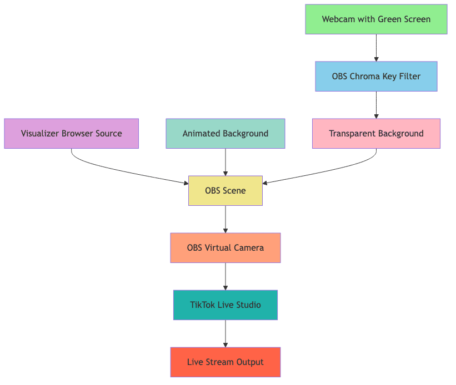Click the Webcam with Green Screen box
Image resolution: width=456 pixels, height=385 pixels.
tap(376, 19)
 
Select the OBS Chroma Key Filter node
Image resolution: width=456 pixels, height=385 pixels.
tap(376, 77)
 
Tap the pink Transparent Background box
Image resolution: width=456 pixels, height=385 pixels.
tap(376, 134)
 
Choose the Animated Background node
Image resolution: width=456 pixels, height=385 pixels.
tap(225, 134)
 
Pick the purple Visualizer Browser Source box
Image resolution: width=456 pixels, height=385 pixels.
tap(71, 134)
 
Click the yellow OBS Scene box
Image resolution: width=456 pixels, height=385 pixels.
tap(225, 191)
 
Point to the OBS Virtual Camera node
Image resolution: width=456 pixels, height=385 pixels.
tap(225, 248)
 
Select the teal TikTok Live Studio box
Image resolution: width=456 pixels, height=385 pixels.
tap(225, 305)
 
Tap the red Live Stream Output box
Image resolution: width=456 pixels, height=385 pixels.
tap(225, 362)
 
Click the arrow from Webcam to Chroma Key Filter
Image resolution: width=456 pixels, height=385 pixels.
tap(376, 48)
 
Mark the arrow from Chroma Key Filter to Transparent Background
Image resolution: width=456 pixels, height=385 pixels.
tap(376, 105)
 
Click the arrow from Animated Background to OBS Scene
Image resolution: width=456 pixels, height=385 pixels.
tap(225, 162)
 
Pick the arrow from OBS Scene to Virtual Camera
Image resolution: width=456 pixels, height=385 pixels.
tap(225, 219)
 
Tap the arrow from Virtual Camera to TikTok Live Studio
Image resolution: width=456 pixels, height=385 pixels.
tap(225, 276)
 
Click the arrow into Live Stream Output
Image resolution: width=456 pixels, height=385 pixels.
tap(225, 333)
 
